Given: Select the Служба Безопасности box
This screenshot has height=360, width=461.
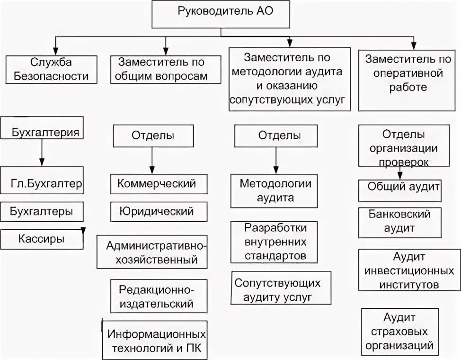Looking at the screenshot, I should [52, 70].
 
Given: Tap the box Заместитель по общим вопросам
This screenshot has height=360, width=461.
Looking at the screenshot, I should [165, 70].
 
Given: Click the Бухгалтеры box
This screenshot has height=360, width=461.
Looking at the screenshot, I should [42, 212].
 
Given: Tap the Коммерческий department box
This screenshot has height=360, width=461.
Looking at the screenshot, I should [159, 184].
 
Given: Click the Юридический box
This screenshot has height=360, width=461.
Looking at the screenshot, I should [159, 211].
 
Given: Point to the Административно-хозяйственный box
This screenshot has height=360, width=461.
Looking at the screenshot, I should [151, 252].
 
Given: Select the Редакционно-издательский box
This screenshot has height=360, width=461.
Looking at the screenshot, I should [159, 296].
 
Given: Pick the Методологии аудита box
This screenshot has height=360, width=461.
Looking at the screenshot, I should [274, 190].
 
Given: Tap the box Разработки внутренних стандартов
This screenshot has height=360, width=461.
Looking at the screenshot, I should [274, 242].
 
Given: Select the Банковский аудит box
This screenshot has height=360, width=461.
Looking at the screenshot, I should [400, 222].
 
